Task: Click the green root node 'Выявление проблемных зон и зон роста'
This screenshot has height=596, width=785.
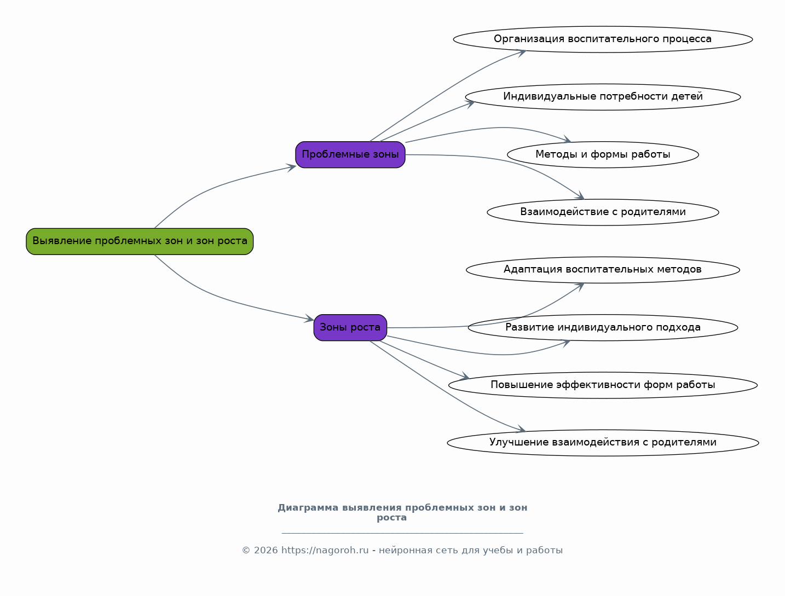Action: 140,241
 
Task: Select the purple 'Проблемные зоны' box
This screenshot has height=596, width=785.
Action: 350,154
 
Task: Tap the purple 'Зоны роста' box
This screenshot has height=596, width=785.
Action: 350,327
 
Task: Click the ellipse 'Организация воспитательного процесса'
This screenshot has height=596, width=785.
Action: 603,39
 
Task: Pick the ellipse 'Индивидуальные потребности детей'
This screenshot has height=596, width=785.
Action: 603,97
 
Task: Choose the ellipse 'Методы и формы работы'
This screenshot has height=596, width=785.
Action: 603,154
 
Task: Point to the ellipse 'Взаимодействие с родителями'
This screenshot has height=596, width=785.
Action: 603,212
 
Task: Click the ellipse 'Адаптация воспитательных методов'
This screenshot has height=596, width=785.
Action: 603,270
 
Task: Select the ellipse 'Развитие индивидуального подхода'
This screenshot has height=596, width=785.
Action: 603,327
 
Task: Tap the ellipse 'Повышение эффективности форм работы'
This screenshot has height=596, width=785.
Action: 603,385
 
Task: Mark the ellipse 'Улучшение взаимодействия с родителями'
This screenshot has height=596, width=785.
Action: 603,443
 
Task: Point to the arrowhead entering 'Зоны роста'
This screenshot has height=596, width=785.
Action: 309,318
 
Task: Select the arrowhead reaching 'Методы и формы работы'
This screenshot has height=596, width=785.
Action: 567,140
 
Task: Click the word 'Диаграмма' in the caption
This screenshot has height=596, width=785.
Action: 308,508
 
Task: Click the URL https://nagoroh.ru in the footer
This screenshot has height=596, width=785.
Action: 325,550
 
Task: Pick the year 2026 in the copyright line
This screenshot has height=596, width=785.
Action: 265,550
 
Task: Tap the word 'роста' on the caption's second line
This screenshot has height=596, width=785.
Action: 391,518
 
